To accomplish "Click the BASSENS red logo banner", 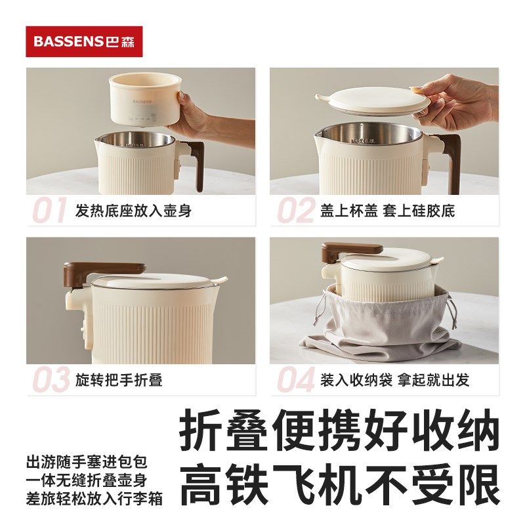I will coord(84,41).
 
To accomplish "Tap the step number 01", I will coord(50,211).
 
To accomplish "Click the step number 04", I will coord(295,380).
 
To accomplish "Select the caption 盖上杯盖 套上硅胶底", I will coord(387,211).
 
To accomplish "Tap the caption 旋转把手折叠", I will coord(119,380).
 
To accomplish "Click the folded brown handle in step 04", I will coord(350,249).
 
